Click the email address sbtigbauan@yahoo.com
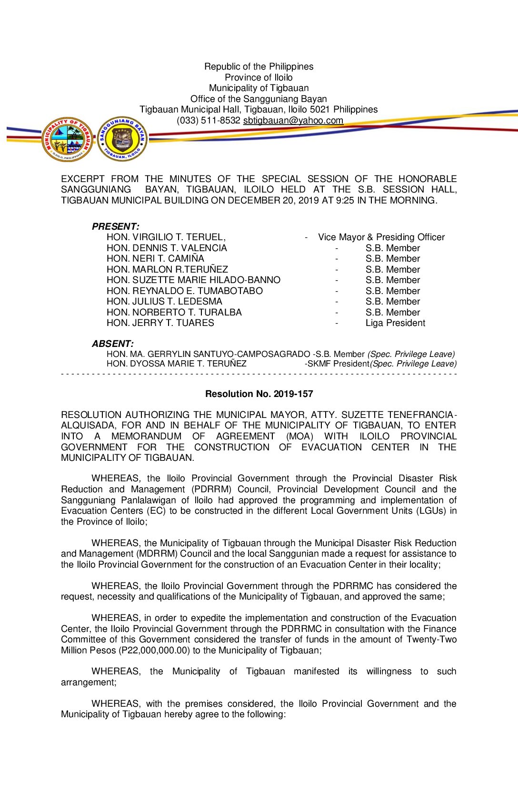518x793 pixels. click(x=293, y=121)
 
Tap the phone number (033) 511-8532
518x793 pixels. click(x=208, y=121)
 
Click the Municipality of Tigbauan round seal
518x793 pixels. click(x=67, y=139)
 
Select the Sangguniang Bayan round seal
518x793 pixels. click(x=122, y=139)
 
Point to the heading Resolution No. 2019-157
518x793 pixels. click(x=259, y=394)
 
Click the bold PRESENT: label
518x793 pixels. click(x=115, y=226)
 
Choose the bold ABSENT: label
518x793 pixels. click(x=112, y=344)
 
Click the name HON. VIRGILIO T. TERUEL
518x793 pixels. click(x=166, y=237)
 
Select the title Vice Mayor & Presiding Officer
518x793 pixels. click(x=381, y=237)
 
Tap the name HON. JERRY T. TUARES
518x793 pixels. click(x=160, y=323)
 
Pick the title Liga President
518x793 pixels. click(x=395, y=323)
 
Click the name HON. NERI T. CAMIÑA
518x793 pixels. click(x=155, y=259)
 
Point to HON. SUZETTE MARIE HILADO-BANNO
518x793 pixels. click(x=193, y=280)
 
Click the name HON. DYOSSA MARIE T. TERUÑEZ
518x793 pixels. click(x=177, y=364)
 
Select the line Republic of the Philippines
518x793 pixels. click(x=259, y=67)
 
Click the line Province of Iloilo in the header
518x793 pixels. click(x=259, y=78)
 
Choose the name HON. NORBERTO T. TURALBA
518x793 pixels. click(x=174, y=313)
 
